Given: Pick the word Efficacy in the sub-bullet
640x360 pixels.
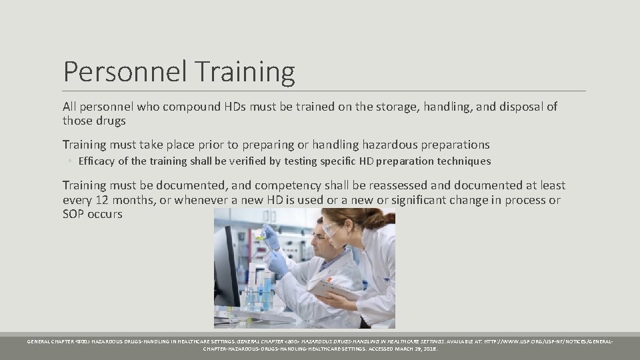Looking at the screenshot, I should tap(97, 161).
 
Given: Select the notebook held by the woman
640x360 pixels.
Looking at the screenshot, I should tap(325, 289).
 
